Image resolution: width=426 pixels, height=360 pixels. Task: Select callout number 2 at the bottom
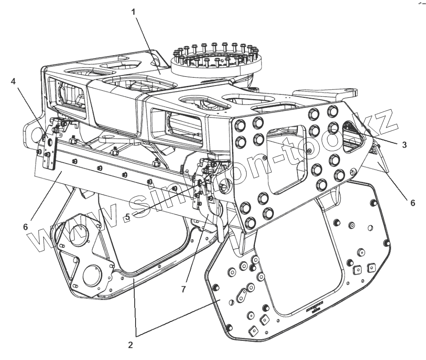130,345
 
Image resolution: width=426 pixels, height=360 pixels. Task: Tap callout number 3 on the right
405,144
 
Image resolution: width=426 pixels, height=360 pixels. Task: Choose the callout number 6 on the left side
25,227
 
